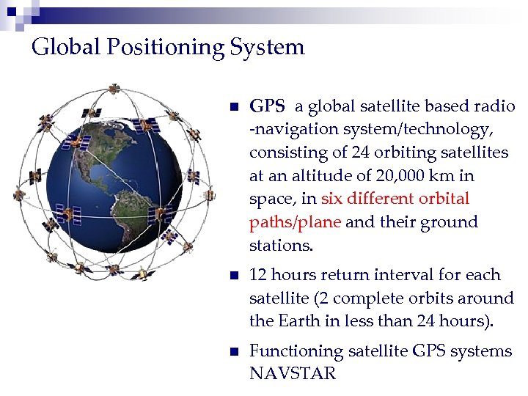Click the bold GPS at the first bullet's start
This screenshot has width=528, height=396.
tap(267, 106)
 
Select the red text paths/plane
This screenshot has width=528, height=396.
tap(295, 222)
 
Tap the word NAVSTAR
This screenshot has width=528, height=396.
tap(293, 374)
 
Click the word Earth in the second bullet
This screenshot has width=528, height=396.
tap(298, 321)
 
